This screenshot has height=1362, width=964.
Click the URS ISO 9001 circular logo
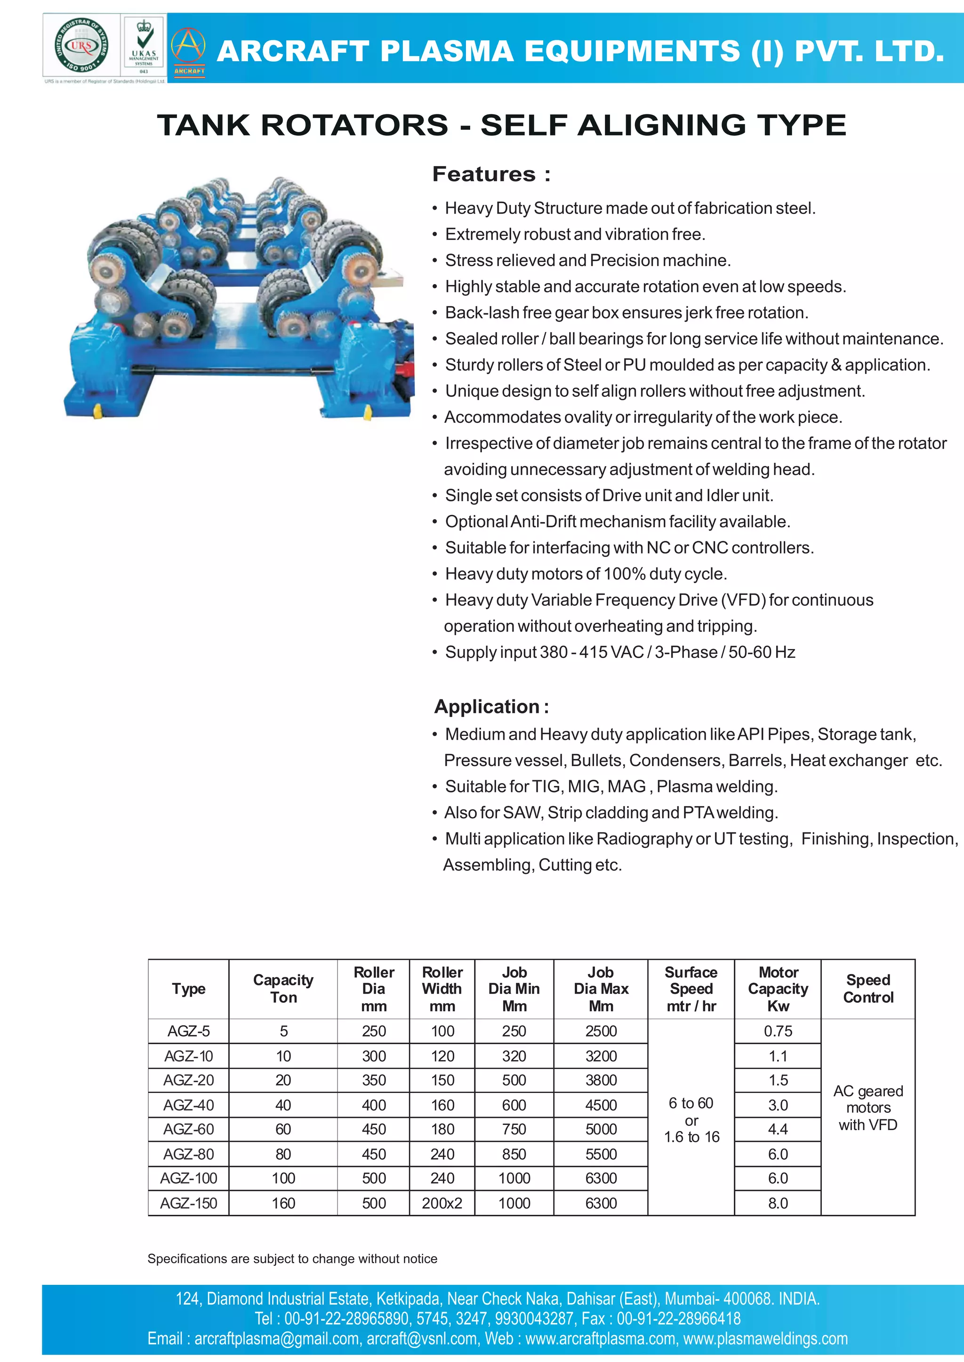(81, 46)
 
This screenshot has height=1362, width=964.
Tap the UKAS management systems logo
(144, 46)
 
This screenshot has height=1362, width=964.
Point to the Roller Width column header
(442, 989)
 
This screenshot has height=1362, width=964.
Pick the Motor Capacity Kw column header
(778, 989)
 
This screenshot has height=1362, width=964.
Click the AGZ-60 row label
(189, 1130)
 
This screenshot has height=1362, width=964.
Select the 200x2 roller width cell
(442, 1204)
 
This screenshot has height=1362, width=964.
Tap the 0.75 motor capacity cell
(778, 1031)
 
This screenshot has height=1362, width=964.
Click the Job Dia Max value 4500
(601, 1106)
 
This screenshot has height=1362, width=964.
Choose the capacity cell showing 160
(283, 1204)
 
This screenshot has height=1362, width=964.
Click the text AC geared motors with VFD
(868, 1108)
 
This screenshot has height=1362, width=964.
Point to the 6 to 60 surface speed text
(691, 1103)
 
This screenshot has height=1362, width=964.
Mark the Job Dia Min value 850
(514, 1155)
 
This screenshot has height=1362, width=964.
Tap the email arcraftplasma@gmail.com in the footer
(277, 1339)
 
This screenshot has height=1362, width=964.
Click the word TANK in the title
(204, 126)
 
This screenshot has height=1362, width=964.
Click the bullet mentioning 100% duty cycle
(586, 574)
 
